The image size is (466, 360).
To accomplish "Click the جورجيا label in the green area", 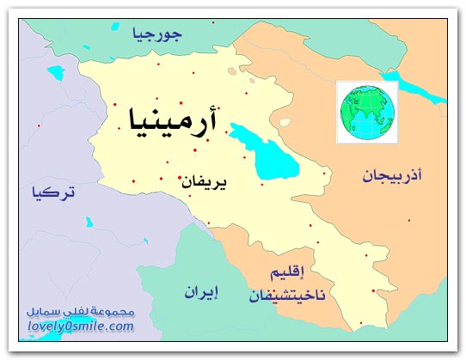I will pyautogui.click(x=158, y=35).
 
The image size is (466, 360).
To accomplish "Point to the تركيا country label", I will pyautogui.click(x=53, y=192).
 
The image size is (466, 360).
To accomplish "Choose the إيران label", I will pyautogui.click(x=200, y=292).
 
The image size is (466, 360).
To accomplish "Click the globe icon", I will pyautogui.click(x=364, y=109).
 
